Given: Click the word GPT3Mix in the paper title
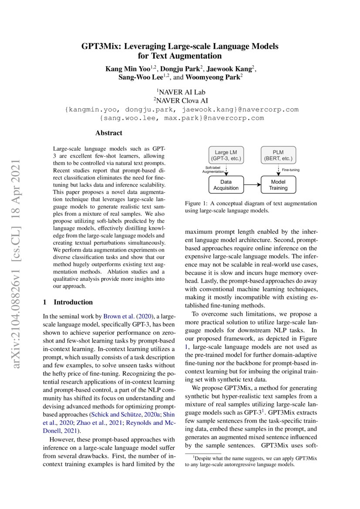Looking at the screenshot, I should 101,46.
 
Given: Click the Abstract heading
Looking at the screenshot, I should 109,133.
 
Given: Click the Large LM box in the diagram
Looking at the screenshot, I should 226,155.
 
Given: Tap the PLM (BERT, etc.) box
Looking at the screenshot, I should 278,155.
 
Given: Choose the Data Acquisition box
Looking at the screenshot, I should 226,185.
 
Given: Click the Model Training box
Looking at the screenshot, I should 278,185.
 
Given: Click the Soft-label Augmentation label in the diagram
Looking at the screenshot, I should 213,170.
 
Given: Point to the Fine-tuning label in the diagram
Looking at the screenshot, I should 291,170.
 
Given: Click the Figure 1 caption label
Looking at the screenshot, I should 198,203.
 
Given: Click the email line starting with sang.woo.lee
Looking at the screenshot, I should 182,118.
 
